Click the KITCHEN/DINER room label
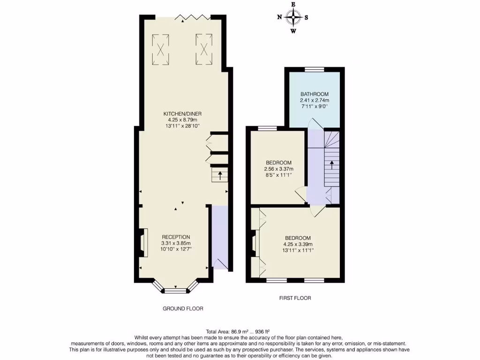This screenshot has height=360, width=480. (182, 114)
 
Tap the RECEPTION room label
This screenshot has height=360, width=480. (176, 237)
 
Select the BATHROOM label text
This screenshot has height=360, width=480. (315, 94)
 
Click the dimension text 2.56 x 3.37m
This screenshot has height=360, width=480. (278, 169)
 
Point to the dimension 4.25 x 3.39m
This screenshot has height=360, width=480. (298, 244)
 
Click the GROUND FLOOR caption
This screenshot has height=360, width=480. (183, 308)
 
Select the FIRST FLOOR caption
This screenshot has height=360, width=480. (295, 298)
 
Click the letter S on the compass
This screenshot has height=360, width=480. (307, 18)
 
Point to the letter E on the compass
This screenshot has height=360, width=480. (293, 4)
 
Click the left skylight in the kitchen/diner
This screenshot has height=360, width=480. (161, 49)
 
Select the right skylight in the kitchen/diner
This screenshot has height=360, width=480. (204, 49)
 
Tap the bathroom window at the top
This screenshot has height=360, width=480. (314, 69)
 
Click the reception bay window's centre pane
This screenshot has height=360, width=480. (176, 291)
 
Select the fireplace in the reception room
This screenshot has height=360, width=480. (144, 242)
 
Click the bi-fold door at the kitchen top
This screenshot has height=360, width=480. (193, 17)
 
